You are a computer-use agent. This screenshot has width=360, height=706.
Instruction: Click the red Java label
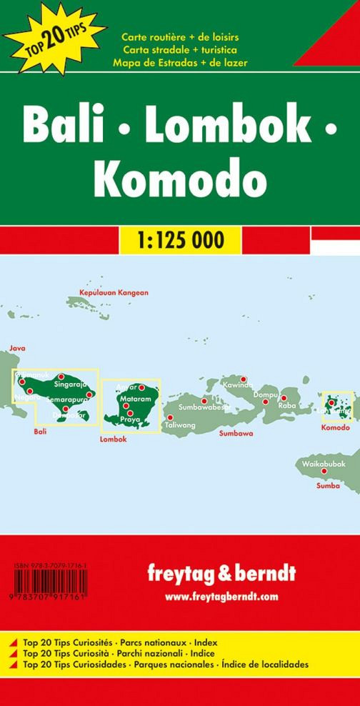pyautogui.click(x=16, y=349)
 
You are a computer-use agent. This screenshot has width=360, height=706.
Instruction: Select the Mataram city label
pyautogui.click(x=136, y=398)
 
